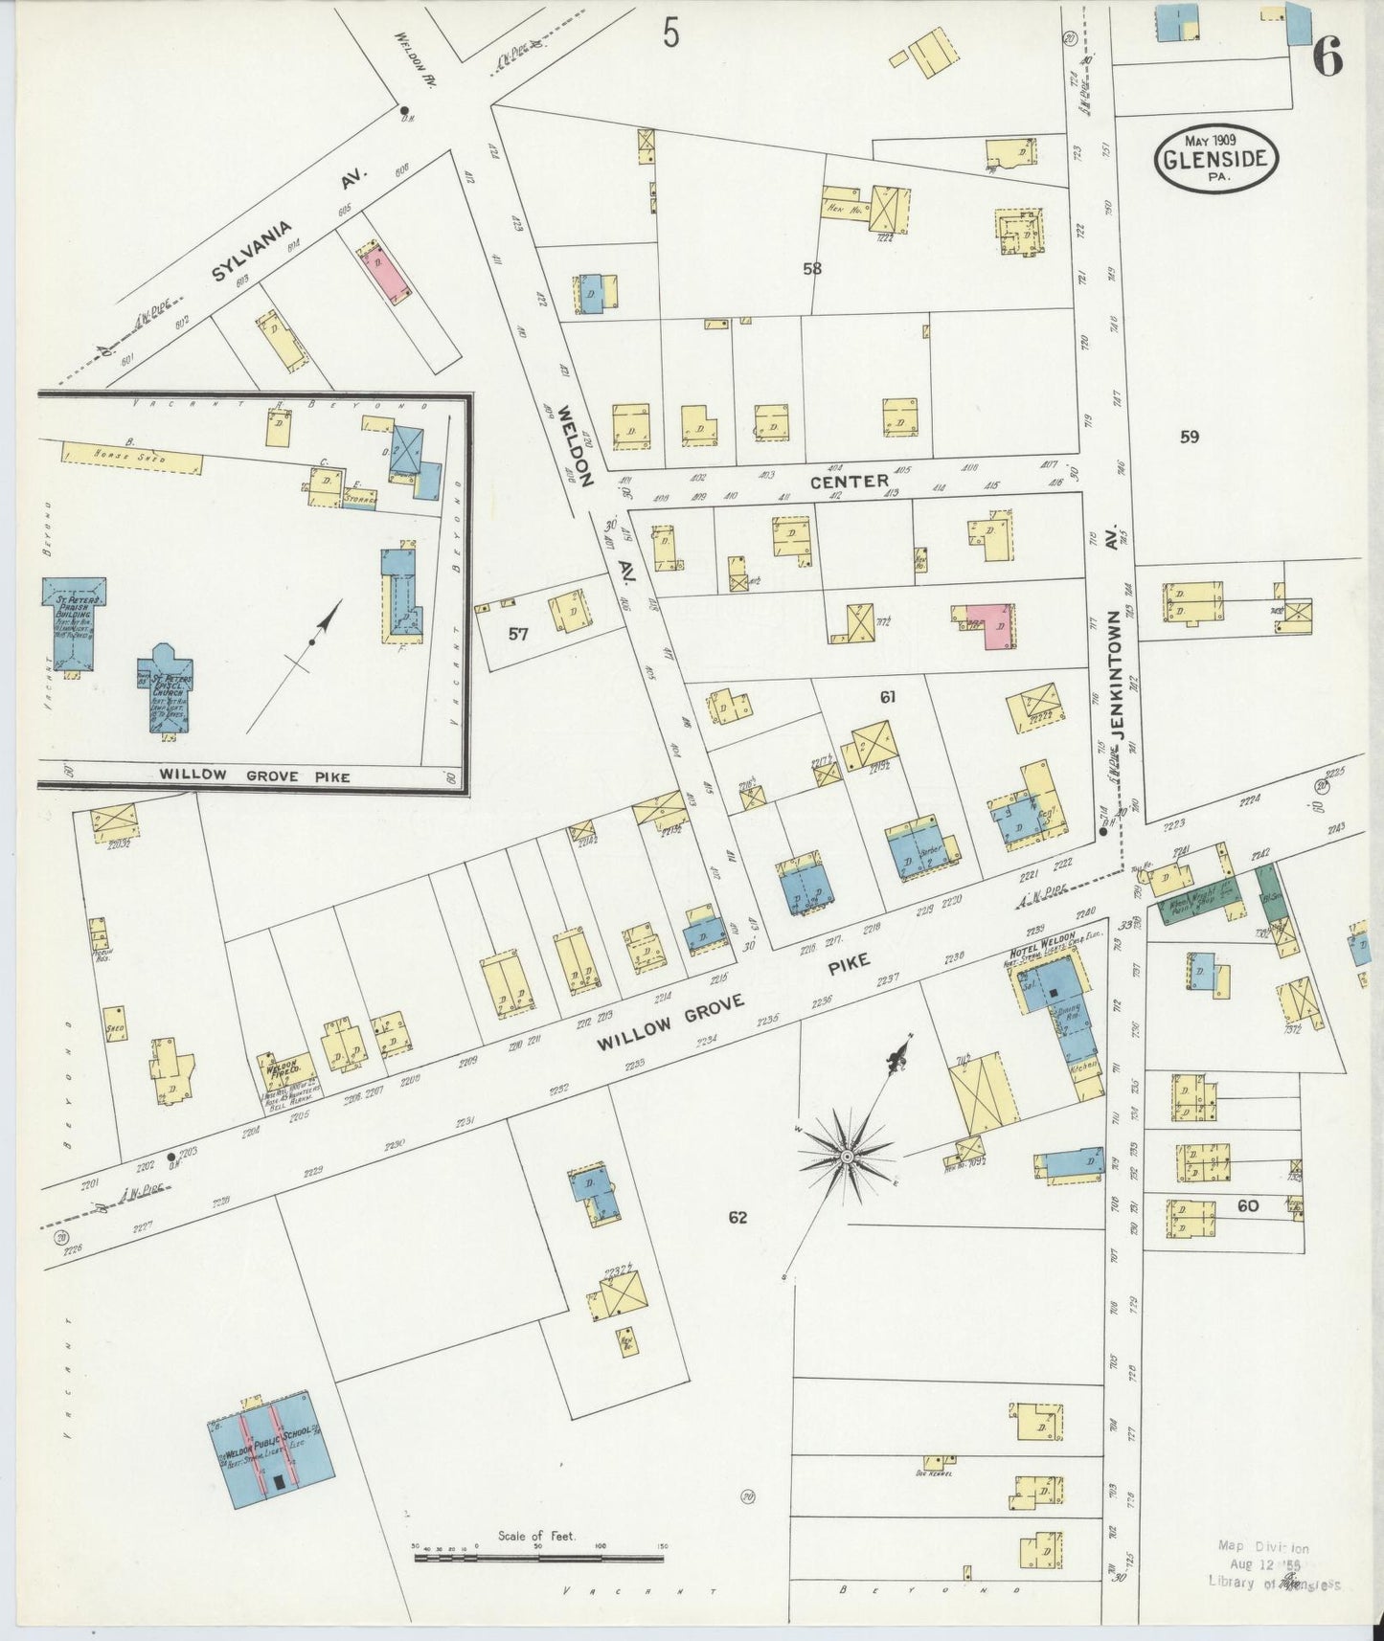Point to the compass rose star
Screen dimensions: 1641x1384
(847, 1158)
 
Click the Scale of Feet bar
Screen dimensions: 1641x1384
(539, 1558)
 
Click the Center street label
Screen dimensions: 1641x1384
(849, 482)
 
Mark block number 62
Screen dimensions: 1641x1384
(737, 1218)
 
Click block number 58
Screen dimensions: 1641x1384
(812, 269)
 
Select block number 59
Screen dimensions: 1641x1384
(1189, 438)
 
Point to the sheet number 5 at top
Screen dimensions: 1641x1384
(670, 34)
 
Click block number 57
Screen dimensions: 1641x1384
(518, 633)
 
